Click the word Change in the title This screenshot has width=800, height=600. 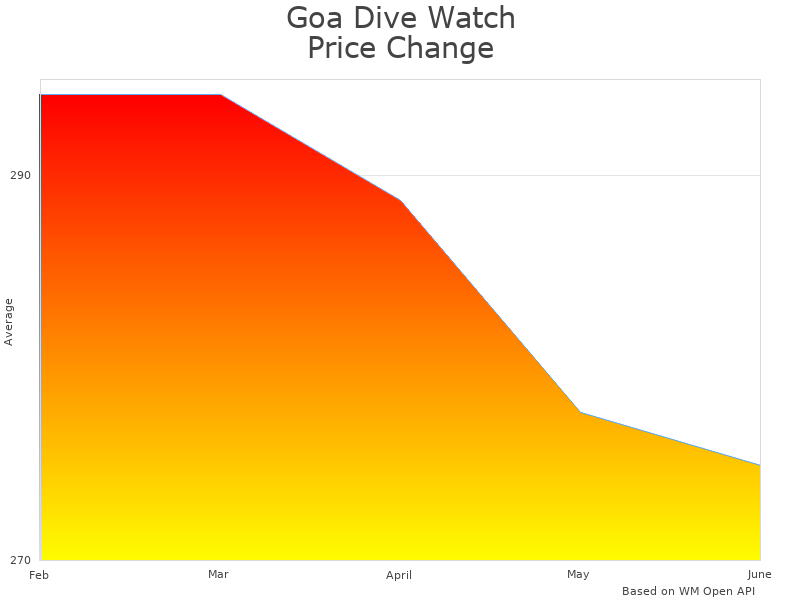(441, 48)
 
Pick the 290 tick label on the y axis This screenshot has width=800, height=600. (20, 175)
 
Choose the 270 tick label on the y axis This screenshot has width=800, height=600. (20, 559)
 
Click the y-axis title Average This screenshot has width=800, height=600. (9, 321)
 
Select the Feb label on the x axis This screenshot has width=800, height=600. (39, 575)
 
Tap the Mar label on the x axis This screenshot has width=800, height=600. (218, 574)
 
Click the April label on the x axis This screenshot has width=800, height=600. (398, 575)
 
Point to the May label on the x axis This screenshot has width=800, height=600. (578, 574)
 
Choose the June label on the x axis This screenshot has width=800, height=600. (759, 574)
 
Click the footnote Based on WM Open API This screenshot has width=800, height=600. (688, 591)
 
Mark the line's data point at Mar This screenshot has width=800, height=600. (220, 95)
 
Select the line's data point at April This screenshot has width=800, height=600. (400, 200)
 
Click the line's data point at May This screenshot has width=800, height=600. (580, 412)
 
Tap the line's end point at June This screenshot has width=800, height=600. (760, 465)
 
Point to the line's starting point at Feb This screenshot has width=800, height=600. (40, 95)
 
